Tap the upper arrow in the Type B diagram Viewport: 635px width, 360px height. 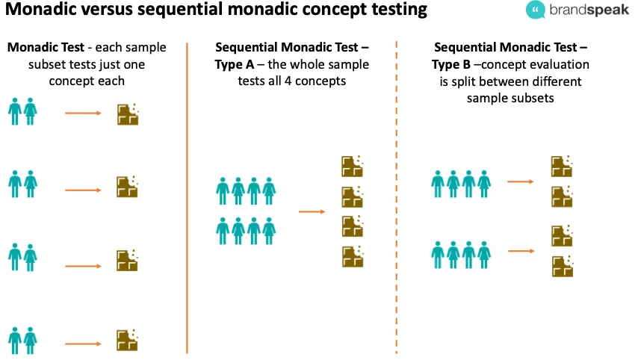pyautogui.click(x=519, y=181)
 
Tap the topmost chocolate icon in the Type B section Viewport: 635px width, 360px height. pyautogui.click(x=562, y=166)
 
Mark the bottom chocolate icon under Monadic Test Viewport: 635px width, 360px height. pyautogui.click(x=128, y=341)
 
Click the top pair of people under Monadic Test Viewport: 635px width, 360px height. pyautogui.click(x=22, y=112)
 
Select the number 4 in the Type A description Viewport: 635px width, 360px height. pyautogui.click(x=306, y=81)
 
